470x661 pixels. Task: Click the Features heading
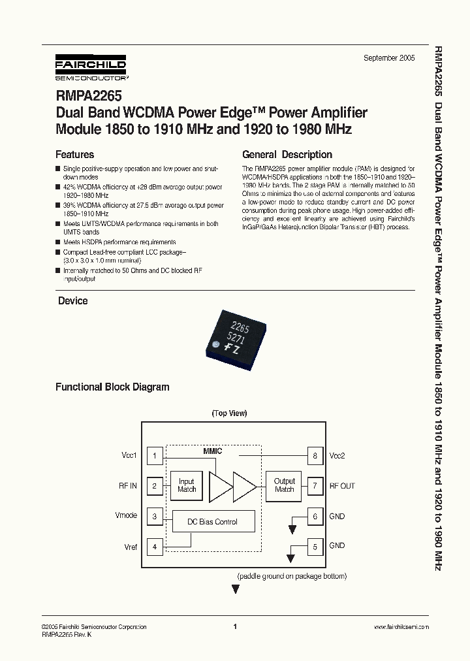74,155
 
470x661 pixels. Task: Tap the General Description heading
287,155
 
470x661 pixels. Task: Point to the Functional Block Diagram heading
112,387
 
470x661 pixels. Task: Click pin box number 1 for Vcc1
155,456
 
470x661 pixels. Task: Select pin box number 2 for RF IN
155,486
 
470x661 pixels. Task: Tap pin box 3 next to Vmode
155,516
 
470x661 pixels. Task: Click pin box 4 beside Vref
155,546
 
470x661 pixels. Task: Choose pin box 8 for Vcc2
315,456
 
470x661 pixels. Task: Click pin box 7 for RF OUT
315,486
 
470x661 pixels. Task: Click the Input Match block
187,485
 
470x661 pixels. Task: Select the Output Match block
284,485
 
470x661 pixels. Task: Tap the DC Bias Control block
213,522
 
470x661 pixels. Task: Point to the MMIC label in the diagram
213,451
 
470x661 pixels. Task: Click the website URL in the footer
401,627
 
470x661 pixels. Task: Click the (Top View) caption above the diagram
229,413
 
